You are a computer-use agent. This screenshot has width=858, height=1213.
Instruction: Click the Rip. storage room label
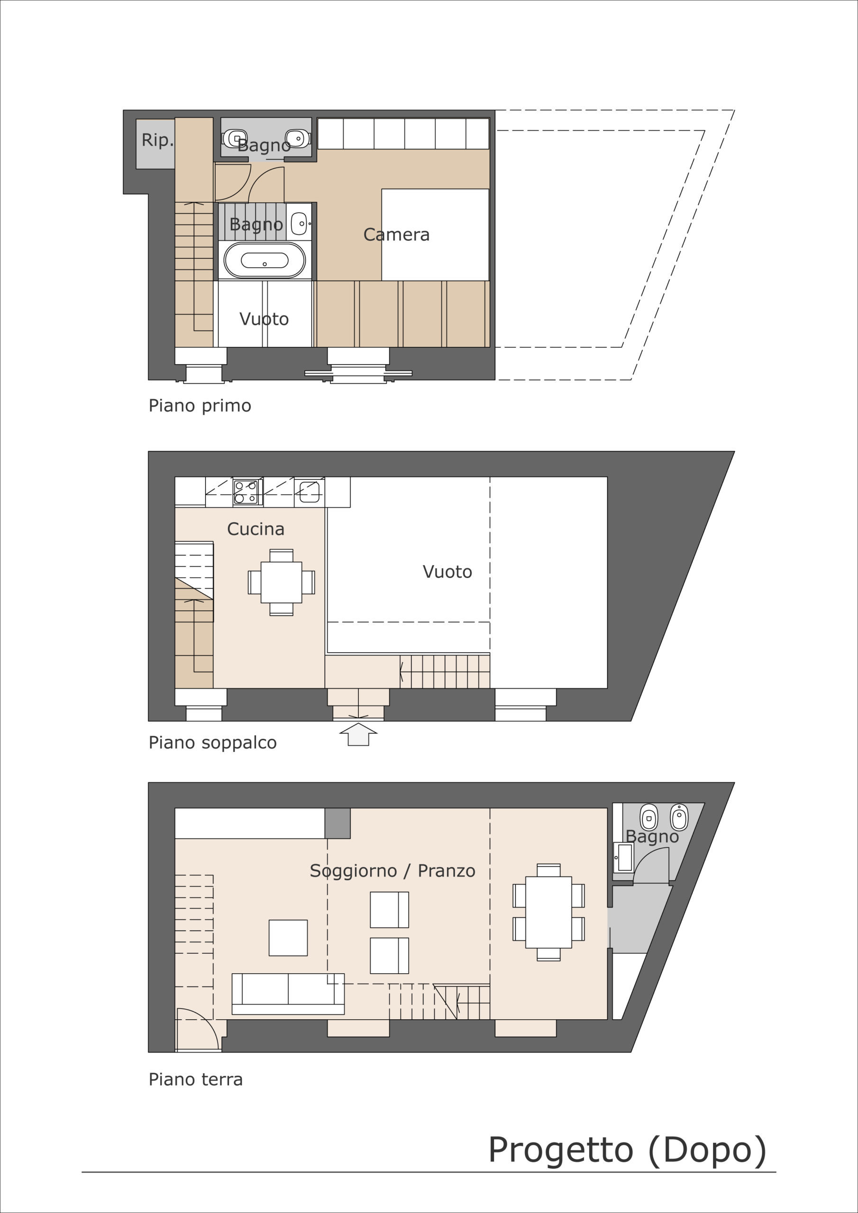(x=157, y=140)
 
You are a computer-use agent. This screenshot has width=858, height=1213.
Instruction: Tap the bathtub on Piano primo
(x=265, y=260)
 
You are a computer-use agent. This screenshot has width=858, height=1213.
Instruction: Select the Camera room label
(x=396, y=235)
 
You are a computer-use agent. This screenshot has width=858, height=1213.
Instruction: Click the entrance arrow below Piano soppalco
(x=358, y=734)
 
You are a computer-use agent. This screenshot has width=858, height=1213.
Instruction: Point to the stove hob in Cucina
(x=246, y=492)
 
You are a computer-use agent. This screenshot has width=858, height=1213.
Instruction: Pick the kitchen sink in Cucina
(x=309, y=492)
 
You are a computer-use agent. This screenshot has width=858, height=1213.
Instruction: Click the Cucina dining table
(x=281, y=582)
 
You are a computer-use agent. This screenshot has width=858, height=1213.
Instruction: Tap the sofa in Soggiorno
(x=288, y=994)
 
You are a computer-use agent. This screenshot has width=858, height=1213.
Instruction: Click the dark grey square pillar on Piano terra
(x=338, y=823)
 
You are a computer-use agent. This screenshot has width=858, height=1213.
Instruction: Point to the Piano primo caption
(x=200, y=406)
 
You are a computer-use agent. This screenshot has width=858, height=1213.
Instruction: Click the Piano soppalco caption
(x=212, y=742)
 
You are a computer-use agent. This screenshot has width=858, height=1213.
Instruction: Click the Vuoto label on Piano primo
(x=264, y=319)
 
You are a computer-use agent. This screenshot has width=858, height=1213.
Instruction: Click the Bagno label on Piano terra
(x=652, y=836)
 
